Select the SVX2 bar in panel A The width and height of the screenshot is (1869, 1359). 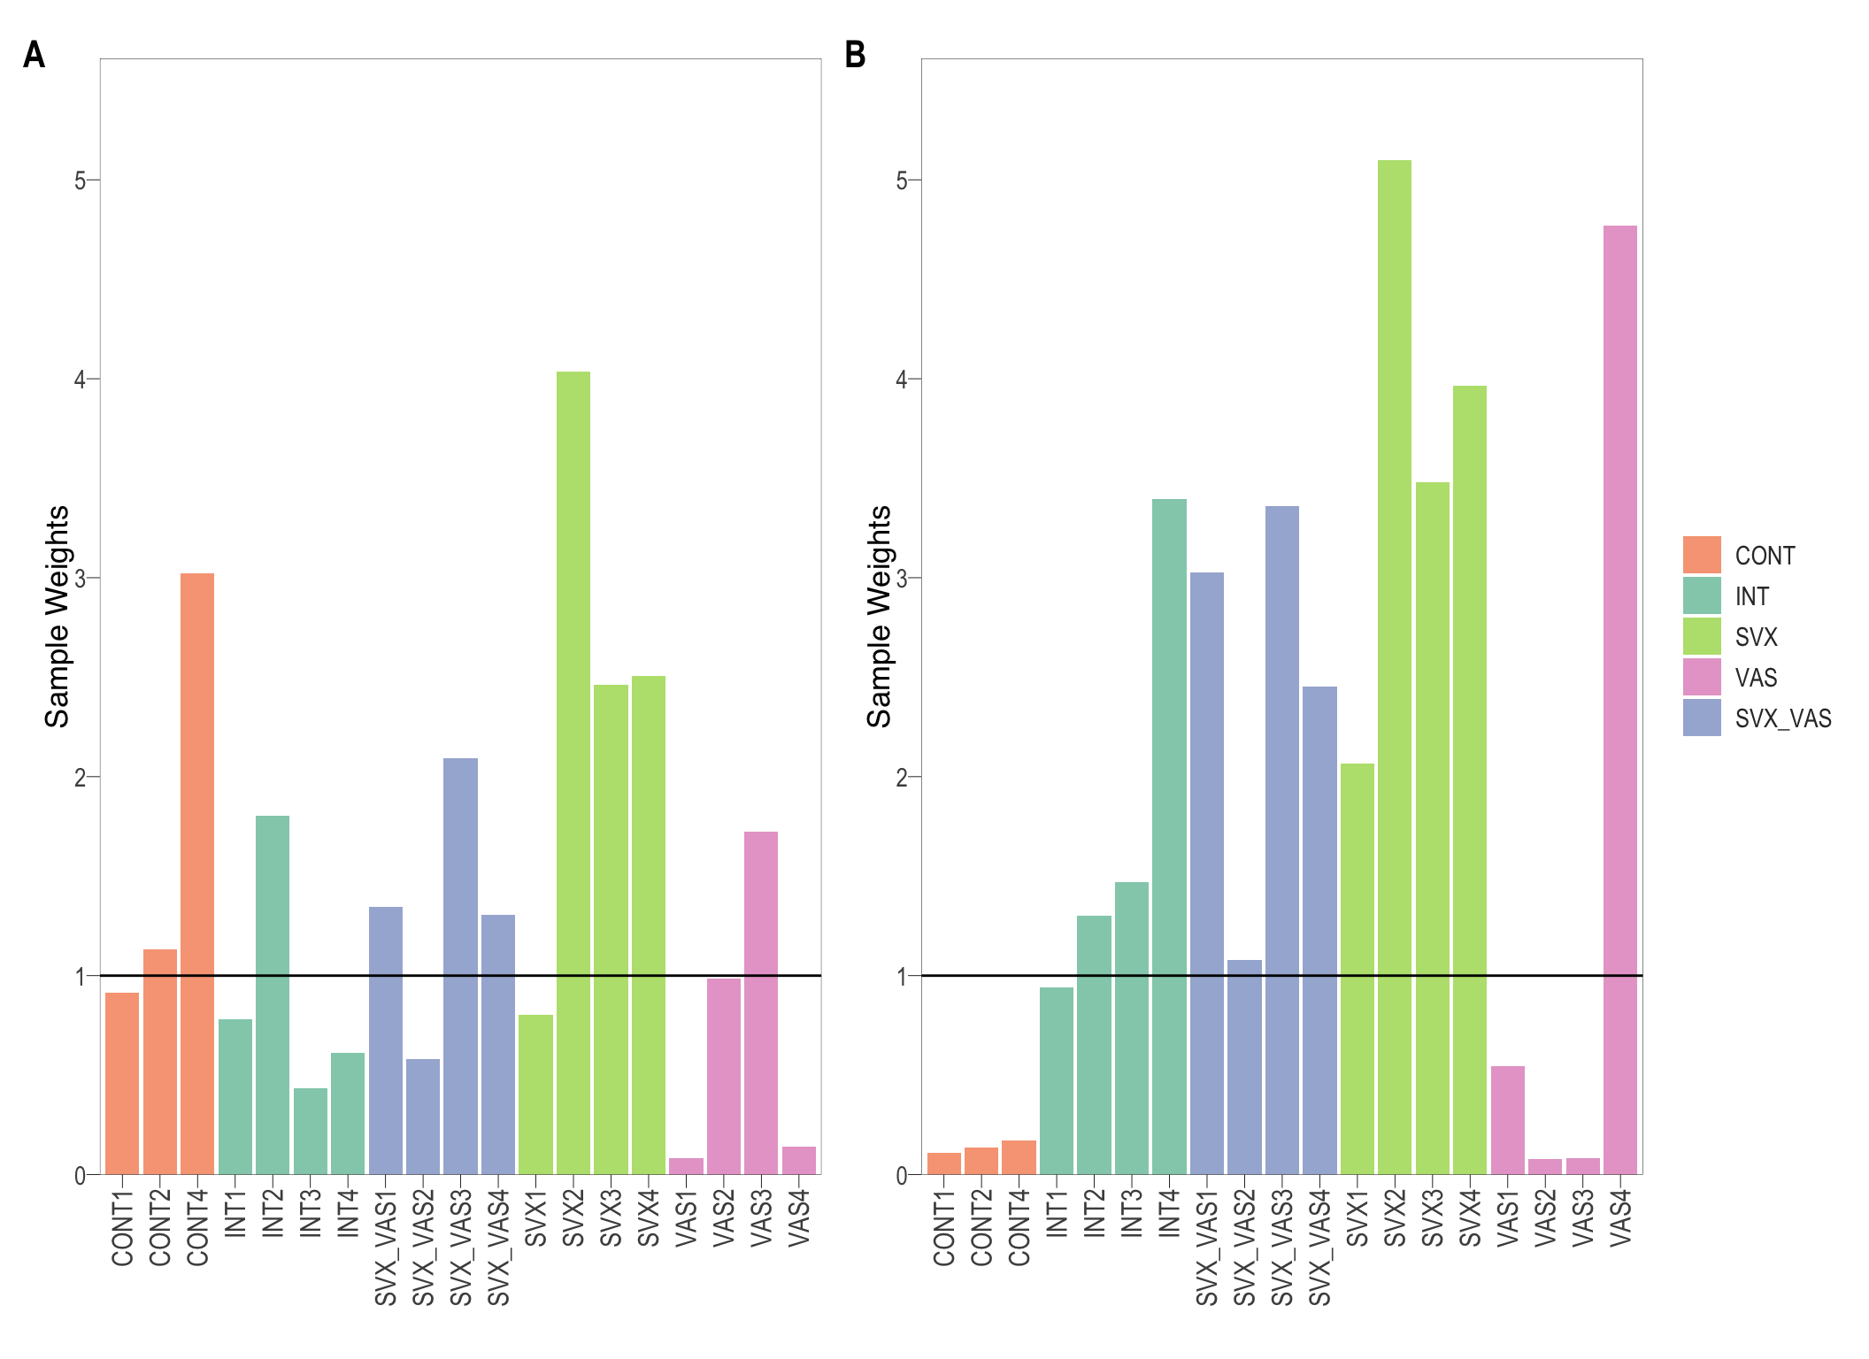(x=573, y=773)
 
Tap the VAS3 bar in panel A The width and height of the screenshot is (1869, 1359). (x=761, y=1003)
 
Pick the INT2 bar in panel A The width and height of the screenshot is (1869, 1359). (x=273, y=995)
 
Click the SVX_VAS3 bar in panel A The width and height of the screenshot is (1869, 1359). (x=460, y=966)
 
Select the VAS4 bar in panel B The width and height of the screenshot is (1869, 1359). (x=1620, y=700)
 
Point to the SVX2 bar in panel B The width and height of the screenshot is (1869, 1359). (x=1395, y=667)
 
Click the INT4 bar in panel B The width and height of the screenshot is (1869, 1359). (x=1169, y=837)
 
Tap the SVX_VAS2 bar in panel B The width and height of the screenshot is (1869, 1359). (x=1244, y=1067)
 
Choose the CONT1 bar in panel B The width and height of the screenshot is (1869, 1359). (x=944, y=1163)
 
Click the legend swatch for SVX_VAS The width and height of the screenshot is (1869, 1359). (x=1702, y=718)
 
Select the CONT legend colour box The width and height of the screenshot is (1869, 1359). (x=1702, y=555)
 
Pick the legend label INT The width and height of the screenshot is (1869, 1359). (x=1751, y=596)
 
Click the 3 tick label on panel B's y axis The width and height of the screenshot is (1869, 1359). (x=902, y=579)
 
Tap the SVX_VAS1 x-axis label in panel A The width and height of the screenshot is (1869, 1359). (x=386, y=1248)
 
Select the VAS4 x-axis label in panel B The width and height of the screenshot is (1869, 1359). (x=1620, y=1219)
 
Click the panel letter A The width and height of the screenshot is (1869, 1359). (x=34, y=55)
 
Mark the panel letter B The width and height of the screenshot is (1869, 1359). (x=855, y=55)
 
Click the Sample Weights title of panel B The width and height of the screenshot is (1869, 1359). (x=879, y=617)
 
